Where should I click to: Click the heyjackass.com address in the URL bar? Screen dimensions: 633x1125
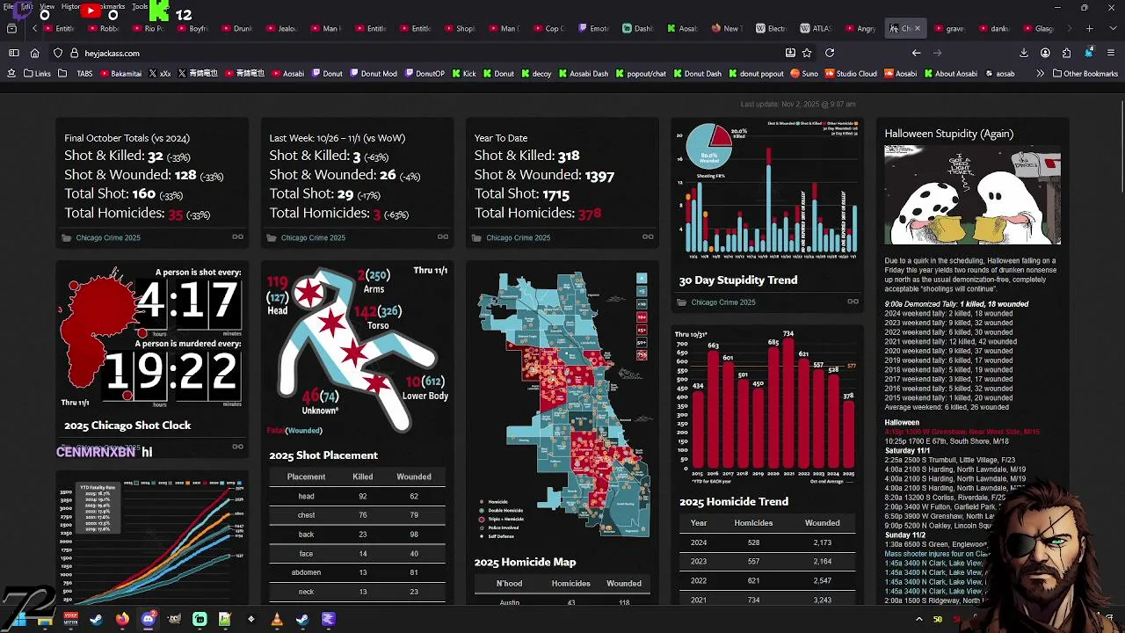pyautogui.click(x=112, y=54)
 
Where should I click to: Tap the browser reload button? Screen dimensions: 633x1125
pyautogui.click(x=829, y=53)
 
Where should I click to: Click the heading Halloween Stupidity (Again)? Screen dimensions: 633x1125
pyautogui.click(x=948, y=134)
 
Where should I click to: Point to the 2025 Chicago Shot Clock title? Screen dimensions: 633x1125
pyautogui.click(x=127, y=426)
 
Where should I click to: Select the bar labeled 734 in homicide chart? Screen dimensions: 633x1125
pyautogui.click(x=788, y=404)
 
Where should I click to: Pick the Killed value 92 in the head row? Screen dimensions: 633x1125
pyautogui.click(x=362, y=497)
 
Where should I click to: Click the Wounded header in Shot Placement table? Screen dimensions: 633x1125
pyautogui.click(x=413, y=477)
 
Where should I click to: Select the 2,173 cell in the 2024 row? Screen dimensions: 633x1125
pyautogui.click(x=822, y=542)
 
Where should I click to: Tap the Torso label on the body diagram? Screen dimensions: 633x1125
pyautogui.click(x=378, y=325)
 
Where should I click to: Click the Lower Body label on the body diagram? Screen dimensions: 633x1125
pyautogui.click(x=425, y=397)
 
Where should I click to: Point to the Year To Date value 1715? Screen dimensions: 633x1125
pyautogui.click(x=555, y=194)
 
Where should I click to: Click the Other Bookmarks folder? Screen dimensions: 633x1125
pyautogui.click(x=1085, y=74)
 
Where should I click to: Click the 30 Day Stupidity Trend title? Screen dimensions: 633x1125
pyautogui.click(x=737, y=280)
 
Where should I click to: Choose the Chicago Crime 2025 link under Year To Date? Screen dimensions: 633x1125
pyautogui.click(x=518, y=237)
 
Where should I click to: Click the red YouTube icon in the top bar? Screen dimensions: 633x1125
pyautogui.click(x=91, y=11)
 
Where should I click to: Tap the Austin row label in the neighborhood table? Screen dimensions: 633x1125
pyautogui.click(x=509, y=602)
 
